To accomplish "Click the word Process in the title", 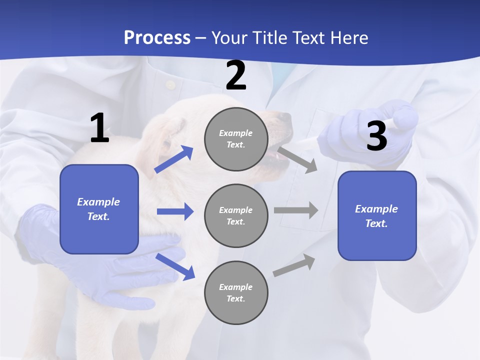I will click(157, 38).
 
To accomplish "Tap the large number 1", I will click(99, 129).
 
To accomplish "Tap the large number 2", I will click(235, 76).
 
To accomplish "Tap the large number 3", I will click(376, 136).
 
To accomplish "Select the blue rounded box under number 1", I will click(99, 209).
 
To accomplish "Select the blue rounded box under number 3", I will click(377, 216).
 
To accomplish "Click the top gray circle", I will click(236, 139).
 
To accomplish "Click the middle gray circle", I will click(236, 215).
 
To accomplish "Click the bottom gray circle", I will click(236, 292).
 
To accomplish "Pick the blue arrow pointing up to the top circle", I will click(174, 159).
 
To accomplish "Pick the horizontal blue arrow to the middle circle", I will click(174, 211).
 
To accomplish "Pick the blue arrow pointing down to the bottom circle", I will click(175, 266).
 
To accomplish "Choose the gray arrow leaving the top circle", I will click(297, 159).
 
